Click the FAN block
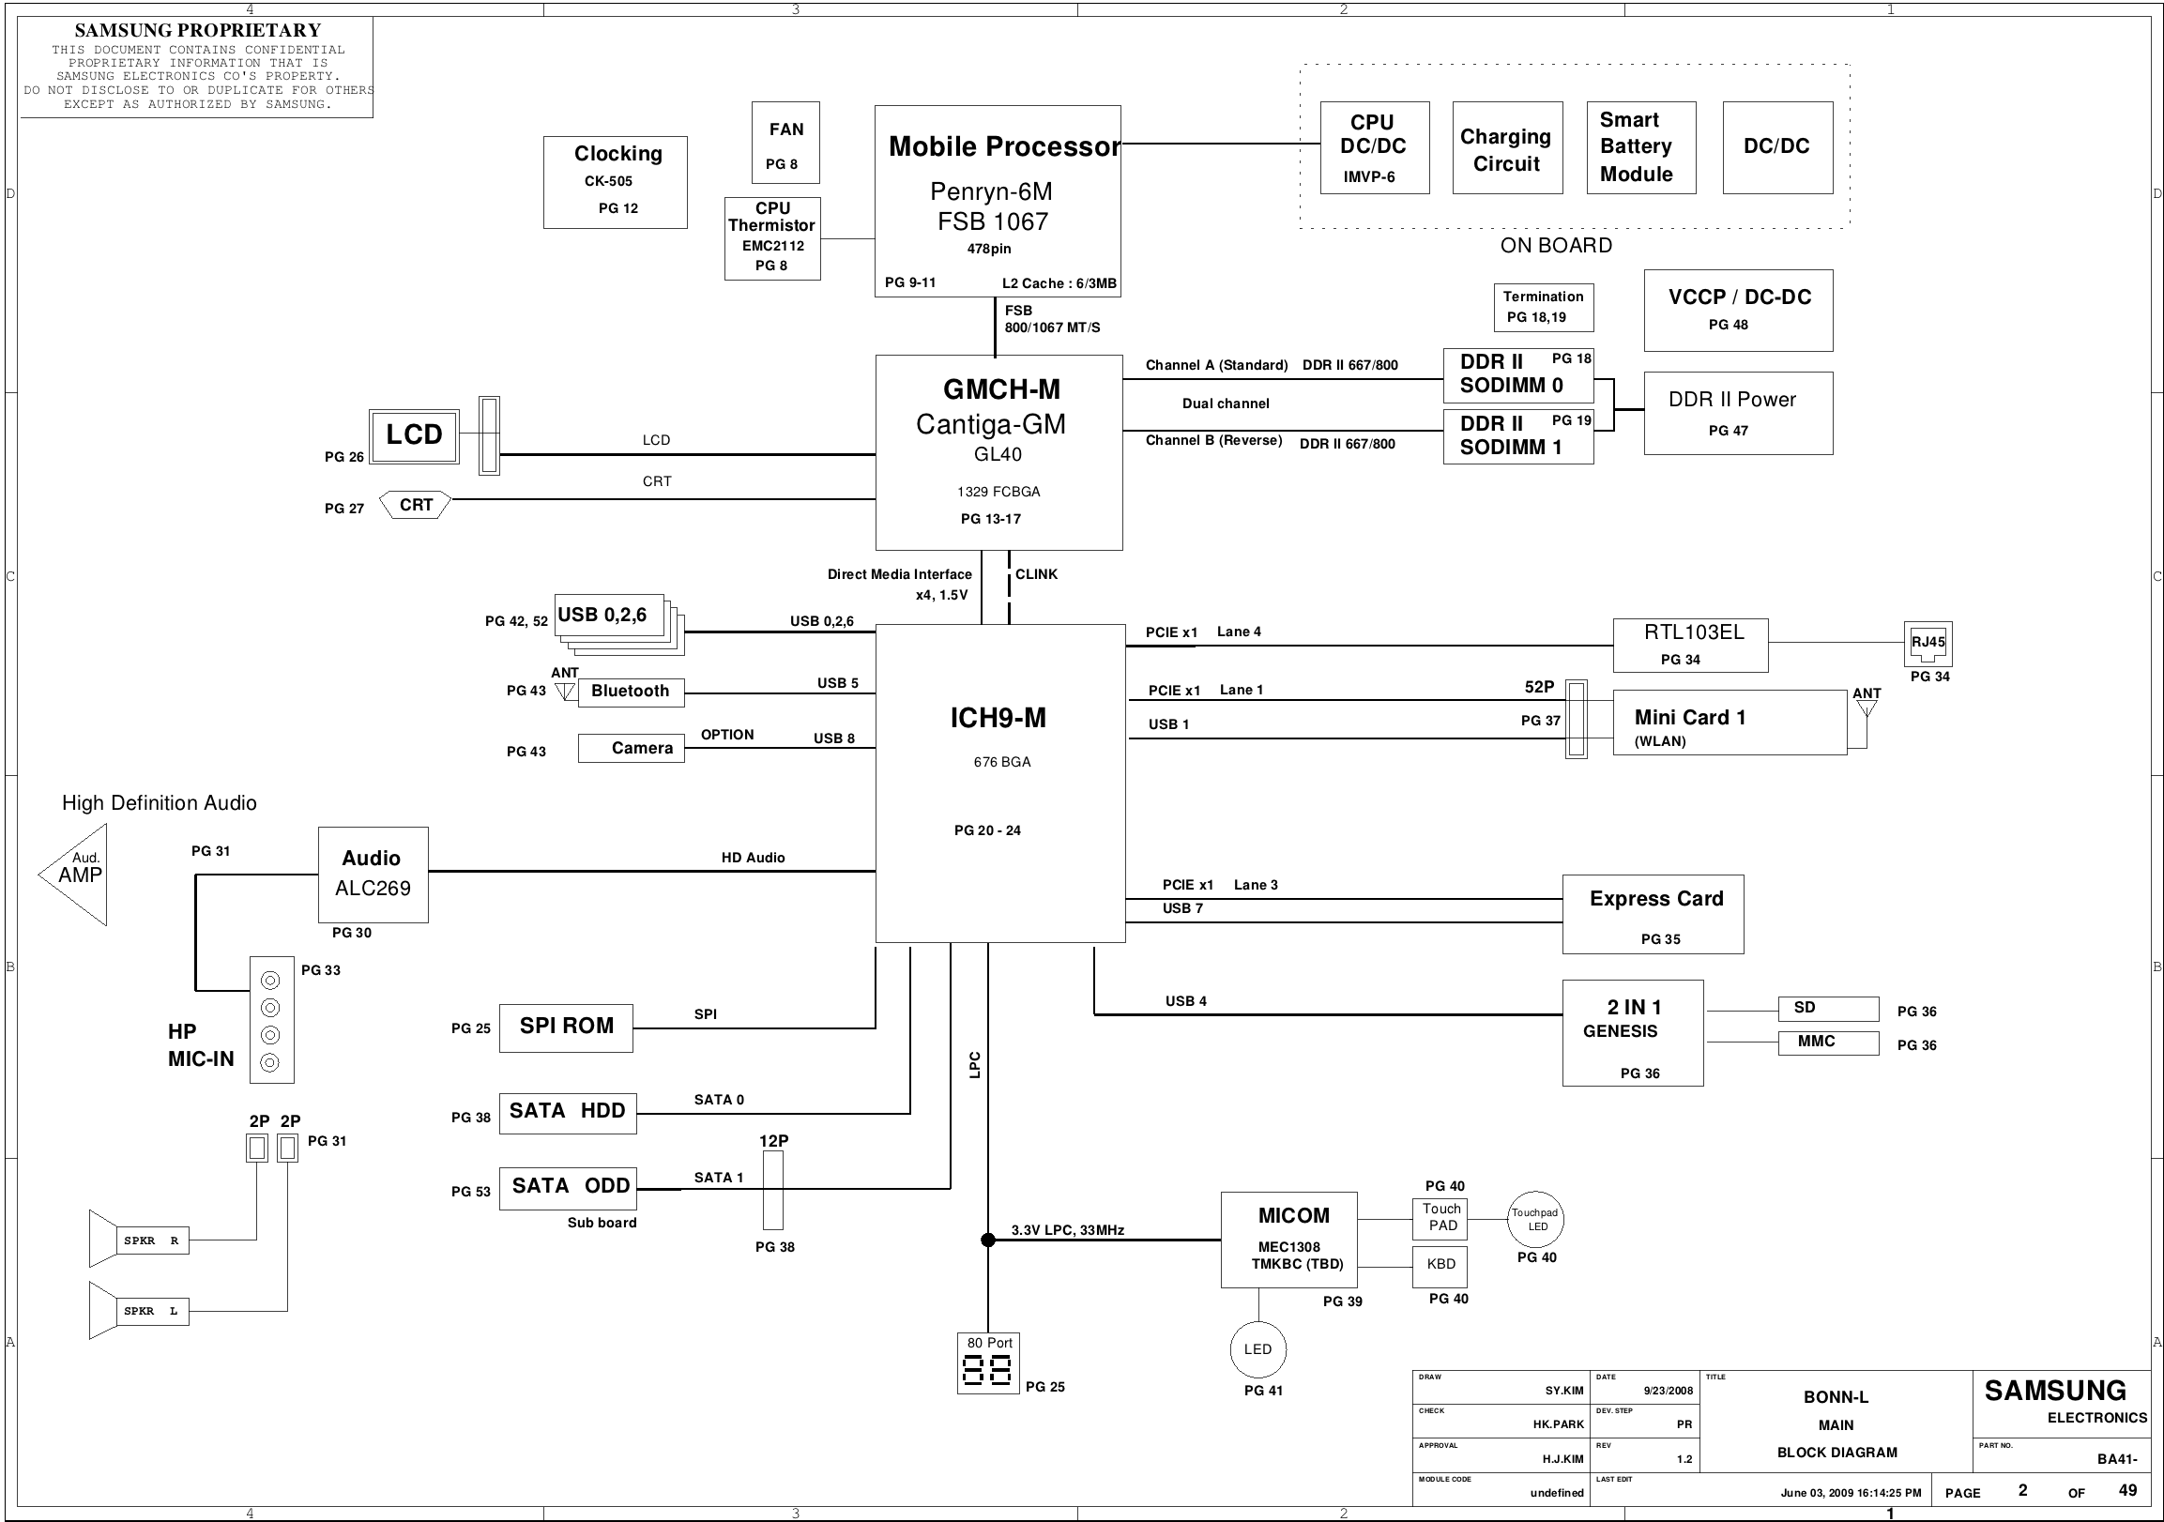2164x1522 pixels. [785, 143]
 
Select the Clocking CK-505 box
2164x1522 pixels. [616, 182]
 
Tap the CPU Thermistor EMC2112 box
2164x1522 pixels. [772, 238]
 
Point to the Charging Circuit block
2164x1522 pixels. [1507, 148]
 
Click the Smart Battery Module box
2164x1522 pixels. [1641, 148]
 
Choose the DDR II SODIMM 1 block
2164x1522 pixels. [1518, 436]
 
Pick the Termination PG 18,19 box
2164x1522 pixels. [1544, 307]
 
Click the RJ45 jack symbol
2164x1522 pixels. [1928, 645]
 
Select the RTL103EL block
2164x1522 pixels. [1690, 646]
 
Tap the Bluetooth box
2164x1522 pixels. [631, 692]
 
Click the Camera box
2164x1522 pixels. [631, 748]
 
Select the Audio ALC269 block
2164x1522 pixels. [373, 875]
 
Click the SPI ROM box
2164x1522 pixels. [566, 1027]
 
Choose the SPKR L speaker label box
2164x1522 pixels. [153, 1311]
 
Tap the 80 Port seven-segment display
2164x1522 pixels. [988, 1371]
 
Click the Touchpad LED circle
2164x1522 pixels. [1535, 1220]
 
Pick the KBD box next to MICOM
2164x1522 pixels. [1440, 1266]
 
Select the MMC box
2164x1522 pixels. [1828, 1043]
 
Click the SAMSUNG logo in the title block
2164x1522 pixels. [2055, 1391]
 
